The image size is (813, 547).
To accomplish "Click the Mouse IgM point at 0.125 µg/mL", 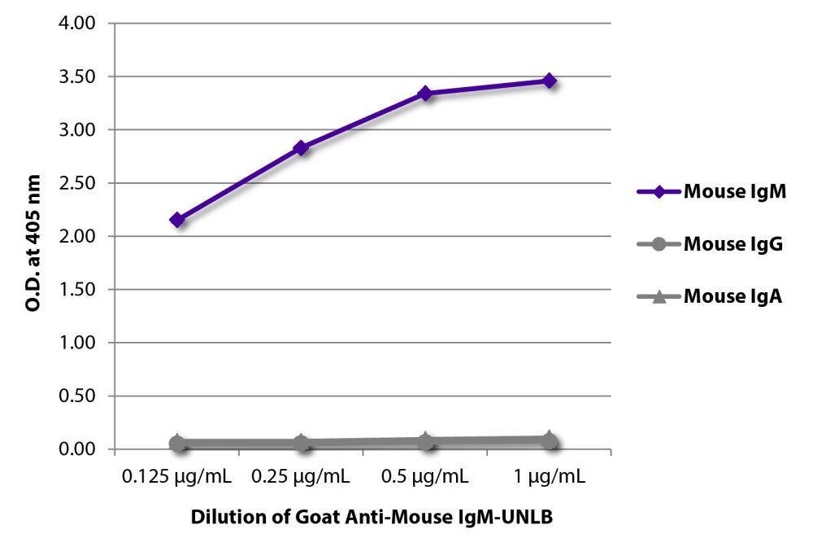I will tap(177, 220).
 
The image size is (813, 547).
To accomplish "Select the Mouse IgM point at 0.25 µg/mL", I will tap(302, 148).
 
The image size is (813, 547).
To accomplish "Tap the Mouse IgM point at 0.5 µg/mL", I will tap(425, 94).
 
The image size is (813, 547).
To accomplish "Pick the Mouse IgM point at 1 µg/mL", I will tap(550, 81).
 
